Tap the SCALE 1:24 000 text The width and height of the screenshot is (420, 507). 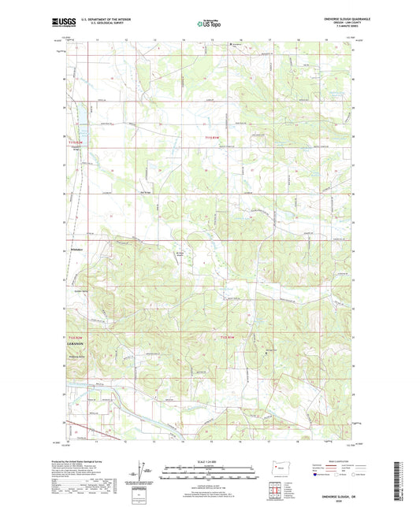click(x=210, y=461)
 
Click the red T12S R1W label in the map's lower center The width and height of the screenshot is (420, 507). click(x=228, y=338)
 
